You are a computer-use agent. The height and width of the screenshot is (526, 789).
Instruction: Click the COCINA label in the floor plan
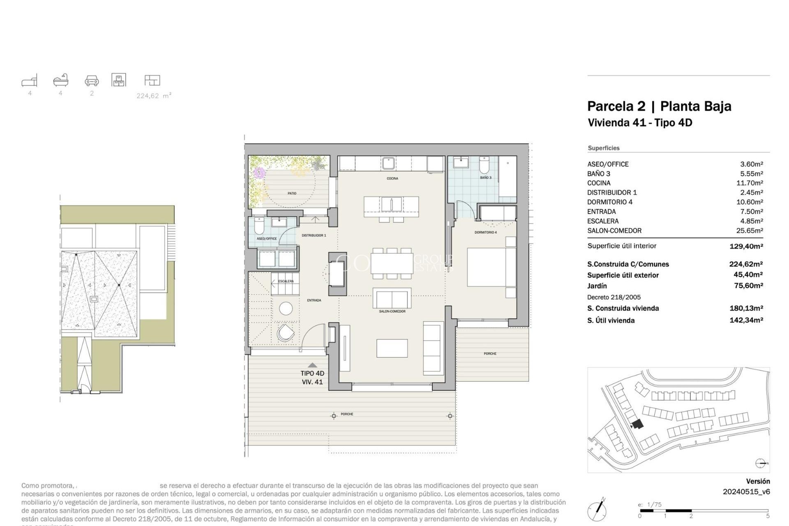click(392, 178)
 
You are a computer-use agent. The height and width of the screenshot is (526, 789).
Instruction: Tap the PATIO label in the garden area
click(292, 193)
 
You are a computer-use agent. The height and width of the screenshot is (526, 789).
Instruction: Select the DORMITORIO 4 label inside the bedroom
click(485, 233)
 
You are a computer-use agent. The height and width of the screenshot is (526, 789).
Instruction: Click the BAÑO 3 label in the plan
click(485, 178)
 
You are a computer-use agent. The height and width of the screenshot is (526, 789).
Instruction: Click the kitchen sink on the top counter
click(388, 163)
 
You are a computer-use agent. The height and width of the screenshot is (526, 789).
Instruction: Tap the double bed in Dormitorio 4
click(491, 267)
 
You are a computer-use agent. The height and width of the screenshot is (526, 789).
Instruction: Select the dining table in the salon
click(392, 263)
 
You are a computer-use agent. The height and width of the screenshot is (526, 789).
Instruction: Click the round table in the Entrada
click(286, 308)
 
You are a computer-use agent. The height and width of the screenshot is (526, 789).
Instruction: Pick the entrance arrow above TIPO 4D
click(312, 365)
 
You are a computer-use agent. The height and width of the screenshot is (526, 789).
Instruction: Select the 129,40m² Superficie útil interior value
click(746, 246)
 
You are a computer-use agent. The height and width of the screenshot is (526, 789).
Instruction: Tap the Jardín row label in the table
click(597, 286)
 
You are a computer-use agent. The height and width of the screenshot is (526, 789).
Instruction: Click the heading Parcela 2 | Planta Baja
click(659, 106)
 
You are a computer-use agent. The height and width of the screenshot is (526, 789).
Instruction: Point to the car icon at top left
click(92, 80)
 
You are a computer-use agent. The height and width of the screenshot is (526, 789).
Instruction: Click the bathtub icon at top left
click(61, 80)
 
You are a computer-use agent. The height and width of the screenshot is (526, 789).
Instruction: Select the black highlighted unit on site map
click(637, 424)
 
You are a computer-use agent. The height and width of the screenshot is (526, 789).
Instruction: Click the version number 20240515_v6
click(746, 491)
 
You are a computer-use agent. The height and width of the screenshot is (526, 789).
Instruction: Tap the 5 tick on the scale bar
click(767, 516)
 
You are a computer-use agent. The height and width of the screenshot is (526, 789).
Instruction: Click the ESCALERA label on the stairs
click(286, 281)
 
